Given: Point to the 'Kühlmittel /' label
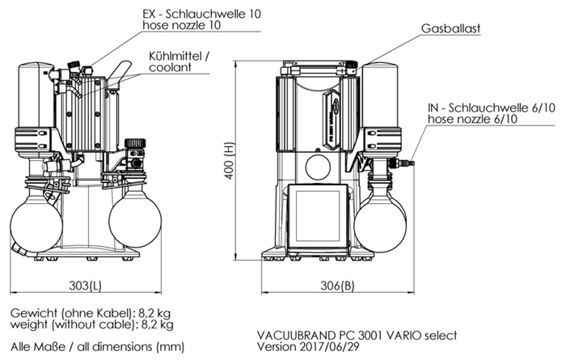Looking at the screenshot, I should click(x=179, y=56).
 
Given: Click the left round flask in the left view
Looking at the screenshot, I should click(x=34, y=219).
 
